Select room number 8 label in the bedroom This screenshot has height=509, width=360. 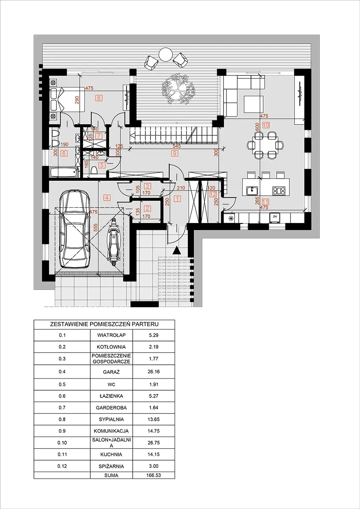(x=99, y=98)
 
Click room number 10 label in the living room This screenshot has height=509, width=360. (x=266, y=125)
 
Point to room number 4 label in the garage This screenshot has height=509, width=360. (x=107, y=197)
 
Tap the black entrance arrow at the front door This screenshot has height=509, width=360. (x=177, y=252)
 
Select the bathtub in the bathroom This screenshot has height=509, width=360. (x=64, y=173)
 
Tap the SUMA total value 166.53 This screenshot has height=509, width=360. (x=154, y=475)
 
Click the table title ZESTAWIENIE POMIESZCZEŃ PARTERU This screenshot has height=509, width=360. (x=104, y=324)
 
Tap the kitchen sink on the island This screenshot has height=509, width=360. (x=253, y=190)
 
